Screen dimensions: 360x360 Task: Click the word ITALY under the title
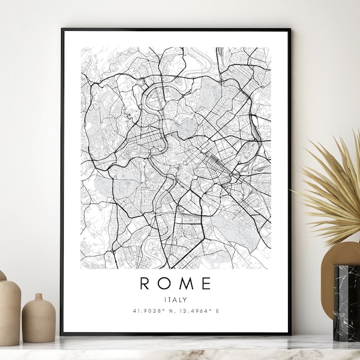pos(176,299)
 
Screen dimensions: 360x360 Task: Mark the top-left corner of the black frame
pos(62,29)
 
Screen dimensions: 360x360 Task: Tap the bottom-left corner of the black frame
pos(62,334)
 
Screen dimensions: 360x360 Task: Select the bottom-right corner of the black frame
pos(290,334)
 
